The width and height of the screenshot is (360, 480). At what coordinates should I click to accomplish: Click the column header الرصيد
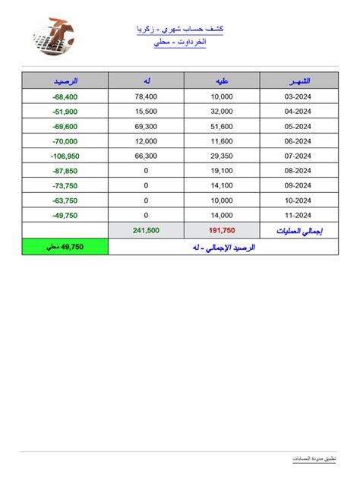(65, 81)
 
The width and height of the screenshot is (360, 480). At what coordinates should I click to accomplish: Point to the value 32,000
(221, 111)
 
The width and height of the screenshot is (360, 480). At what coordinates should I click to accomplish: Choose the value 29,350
(221, 156)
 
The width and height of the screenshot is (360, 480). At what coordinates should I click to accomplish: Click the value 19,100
(221, 171)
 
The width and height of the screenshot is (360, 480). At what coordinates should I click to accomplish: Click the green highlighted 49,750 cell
(65, 247)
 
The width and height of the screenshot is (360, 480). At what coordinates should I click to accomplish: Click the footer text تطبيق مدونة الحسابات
(314, 459)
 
